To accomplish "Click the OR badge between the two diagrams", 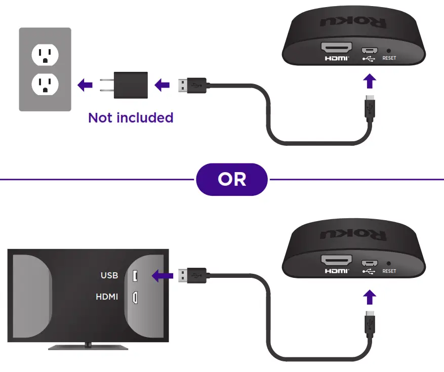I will [232, 179].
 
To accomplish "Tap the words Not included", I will [131, 118].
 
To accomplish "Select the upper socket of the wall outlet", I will [45, 54].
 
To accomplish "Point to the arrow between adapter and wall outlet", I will [85, 85].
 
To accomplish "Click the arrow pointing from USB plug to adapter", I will [162, 85].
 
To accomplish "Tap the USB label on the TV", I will [109, 275].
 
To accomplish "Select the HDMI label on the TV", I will [107, 297].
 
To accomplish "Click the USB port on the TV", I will [135, 276].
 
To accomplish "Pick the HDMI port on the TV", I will [135, 298].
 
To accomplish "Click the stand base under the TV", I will [88, 347].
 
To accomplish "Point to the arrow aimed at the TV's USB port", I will [162, 276].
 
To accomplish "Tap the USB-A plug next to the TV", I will [192, 276].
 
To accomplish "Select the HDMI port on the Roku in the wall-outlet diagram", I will [337, 49].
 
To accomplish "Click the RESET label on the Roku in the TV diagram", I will [389, 271].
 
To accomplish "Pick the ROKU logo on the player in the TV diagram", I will [353, 235].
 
